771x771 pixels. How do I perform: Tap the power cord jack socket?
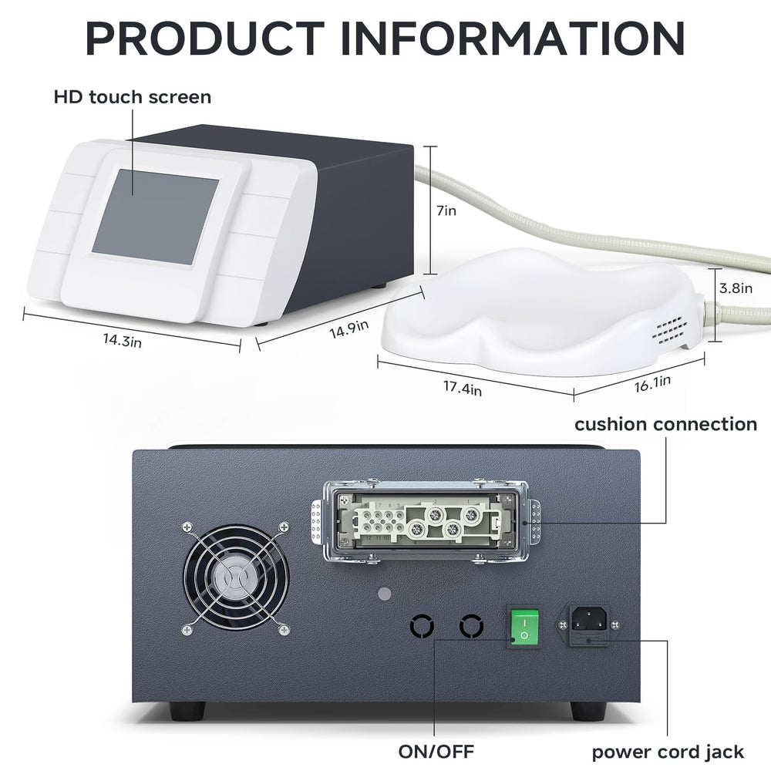click(x=588, y=618)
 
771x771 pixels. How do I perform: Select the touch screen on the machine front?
click(x=156, y=218)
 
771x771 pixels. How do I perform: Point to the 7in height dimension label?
click(x=446, y=210)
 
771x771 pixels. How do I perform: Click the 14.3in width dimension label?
click(x=123, y=340)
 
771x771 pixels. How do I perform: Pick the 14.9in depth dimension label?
click(x=349, y=329)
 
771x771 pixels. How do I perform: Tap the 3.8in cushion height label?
click(x=736, y=288)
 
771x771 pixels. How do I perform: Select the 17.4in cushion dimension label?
click(x=463, y=388)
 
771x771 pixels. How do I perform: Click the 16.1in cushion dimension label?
click(x=652, y=383)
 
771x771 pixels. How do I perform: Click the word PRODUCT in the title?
click(x=205, y=39)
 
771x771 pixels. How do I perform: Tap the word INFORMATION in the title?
click(x=513, y=39)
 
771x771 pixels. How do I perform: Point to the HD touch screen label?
click(x=133, y=97)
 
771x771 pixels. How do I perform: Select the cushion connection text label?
click(x=666, y=424)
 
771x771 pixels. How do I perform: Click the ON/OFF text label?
click(x=436, y=751)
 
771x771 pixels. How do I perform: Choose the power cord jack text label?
click(x=668, y=752)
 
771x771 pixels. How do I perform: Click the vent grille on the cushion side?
click(x=670, y=330)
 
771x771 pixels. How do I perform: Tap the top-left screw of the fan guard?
click(x=187, y=527)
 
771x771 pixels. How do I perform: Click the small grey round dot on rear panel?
click(x=385, y=594)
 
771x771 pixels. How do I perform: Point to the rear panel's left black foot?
click(x=188, y=711)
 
